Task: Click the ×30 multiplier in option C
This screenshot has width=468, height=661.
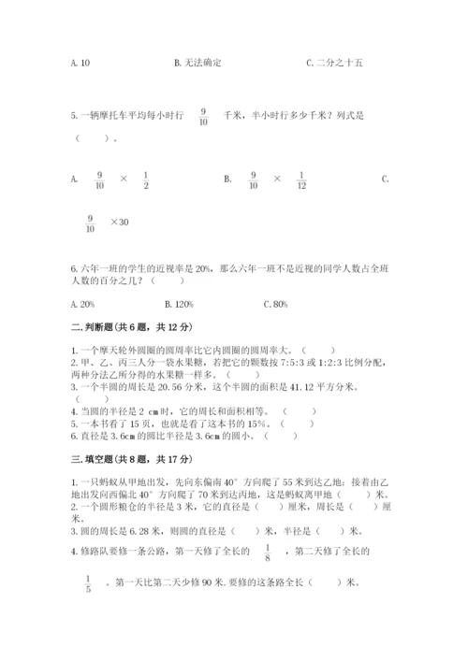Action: click(119, 222)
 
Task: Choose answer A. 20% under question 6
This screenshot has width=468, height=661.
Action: click(83, 304)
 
